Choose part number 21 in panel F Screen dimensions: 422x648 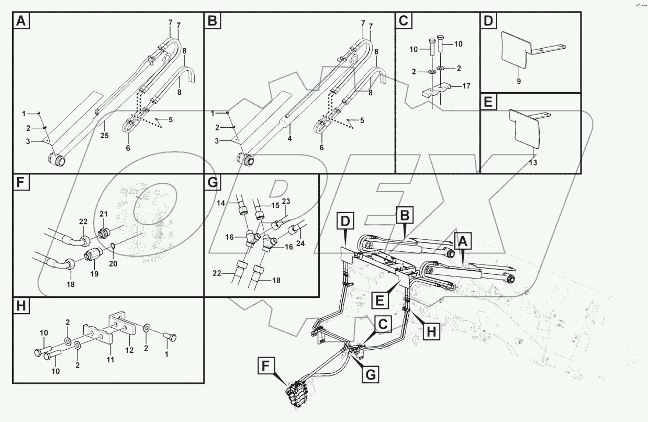point(103,214)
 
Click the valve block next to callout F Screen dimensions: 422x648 point(297,393)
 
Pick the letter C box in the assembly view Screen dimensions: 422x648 point(383,325)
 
